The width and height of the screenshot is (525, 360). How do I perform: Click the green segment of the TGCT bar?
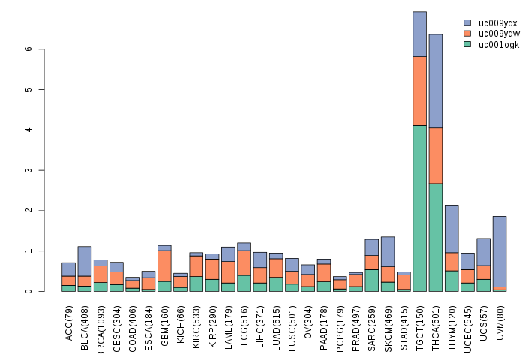(x=419, y=208)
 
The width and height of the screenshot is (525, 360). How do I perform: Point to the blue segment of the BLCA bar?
(x=84, y=260)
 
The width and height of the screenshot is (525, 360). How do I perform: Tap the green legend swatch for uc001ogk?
(x=468, y=45)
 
